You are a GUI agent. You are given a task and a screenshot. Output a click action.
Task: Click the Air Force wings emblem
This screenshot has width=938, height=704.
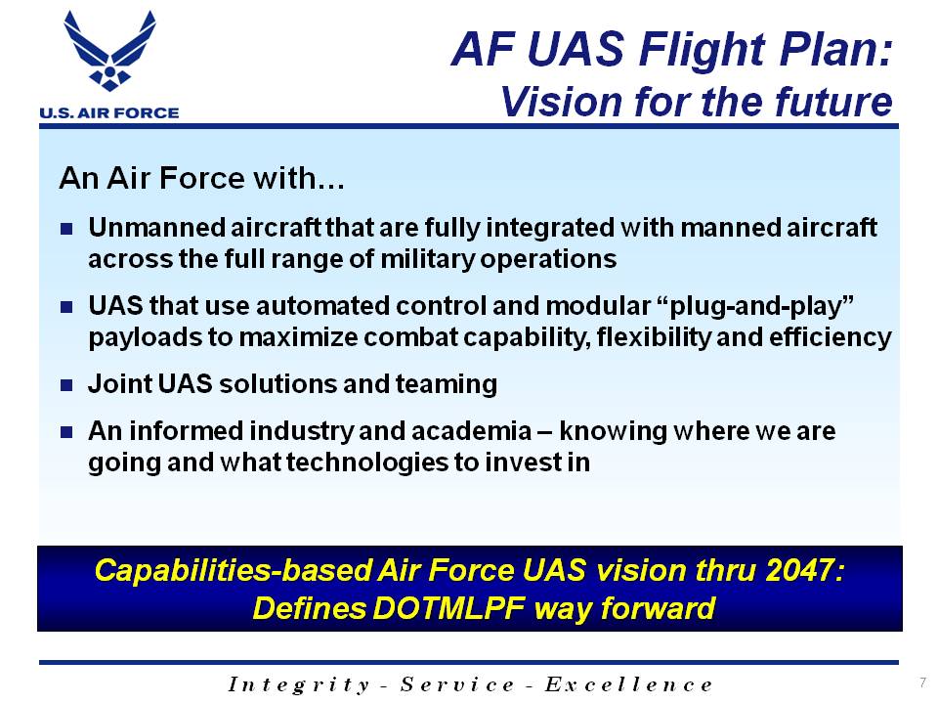pyautogui.click(x=109, y=51)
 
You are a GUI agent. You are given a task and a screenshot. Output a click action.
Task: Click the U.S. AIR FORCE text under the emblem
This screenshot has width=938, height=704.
pyautogui.click(x=108, y=112)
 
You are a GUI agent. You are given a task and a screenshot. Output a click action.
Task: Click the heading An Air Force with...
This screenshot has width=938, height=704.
pyautogui.click(x=201, y=178)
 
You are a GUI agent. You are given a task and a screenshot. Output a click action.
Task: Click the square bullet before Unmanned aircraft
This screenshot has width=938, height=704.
pyautogui.click(x=66, y=228)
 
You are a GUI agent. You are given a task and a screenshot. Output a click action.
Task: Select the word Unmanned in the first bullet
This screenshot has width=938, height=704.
pyautogui.click(x=156, y=228)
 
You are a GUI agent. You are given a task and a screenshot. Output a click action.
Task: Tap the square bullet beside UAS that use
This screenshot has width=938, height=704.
pyautogui.click(x=66, y=307)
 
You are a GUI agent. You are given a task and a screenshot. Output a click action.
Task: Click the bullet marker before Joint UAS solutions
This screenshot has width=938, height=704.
pyautogui.click(x=66, y=385)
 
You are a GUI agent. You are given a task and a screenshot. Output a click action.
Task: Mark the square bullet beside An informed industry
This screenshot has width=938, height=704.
pyautogui.click(x=66, y=431)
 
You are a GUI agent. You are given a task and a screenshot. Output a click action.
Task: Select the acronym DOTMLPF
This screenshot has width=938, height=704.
pyautogui.click(x=448, y=608)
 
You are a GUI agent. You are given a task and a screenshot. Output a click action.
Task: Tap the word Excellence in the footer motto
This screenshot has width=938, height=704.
pyautogui.click(x=628, y=683)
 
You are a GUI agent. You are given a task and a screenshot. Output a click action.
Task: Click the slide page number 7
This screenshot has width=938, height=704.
pyautogui.click(x=923, y=682)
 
